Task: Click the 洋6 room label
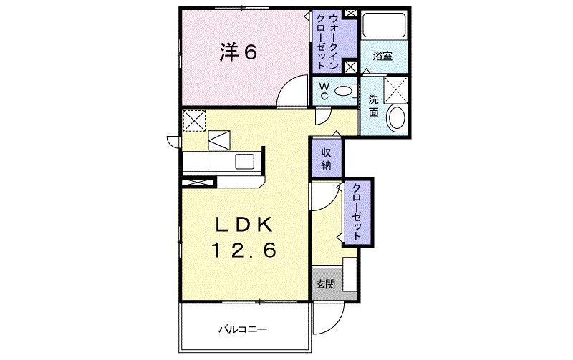pos(239,52)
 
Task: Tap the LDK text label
pos(244,225)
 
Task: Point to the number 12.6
pos(244,250)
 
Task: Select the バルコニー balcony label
pos(243,329)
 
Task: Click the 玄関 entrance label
pos(326,284)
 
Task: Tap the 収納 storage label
pos(326,159)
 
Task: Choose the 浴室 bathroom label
pos(382,56)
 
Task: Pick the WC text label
pos(324,92)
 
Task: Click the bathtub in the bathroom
pos(385,25)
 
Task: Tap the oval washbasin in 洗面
pos(397,117)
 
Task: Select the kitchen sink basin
pos(244,161)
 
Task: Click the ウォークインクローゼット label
pos(327,42)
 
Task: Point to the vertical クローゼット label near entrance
pos(357,212)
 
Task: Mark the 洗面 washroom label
pos(373,105)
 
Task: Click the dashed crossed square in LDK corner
pos(194,120)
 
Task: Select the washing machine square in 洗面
pos(395,89)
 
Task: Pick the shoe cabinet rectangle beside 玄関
pos(350,274)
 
